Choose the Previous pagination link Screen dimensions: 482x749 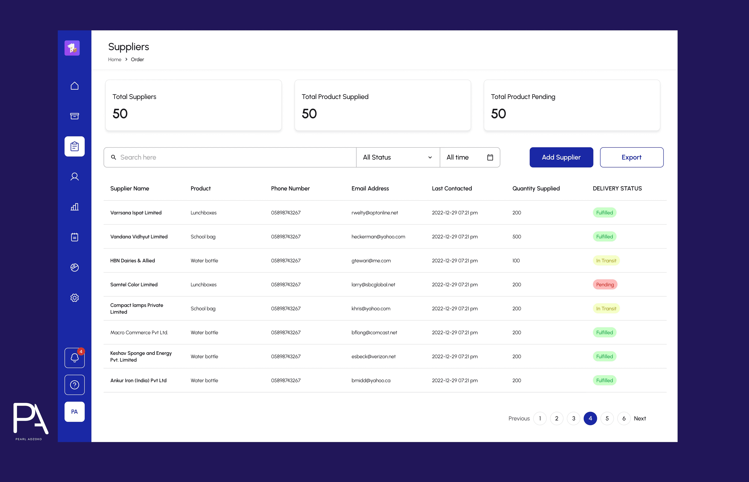519,419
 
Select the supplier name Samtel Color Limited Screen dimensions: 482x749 134,284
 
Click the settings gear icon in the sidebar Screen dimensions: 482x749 74,298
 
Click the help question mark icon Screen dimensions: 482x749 74,385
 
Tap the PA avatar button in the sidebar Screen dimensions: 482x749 74,412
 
